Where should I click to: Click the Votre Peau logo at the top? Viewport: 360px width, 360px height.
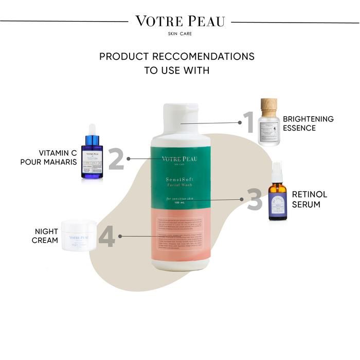(x=179, y=22)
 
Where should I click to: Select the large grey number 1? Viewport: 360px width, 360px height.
(x=248, y=122)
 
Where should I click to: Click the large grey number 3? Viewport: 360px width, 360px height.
(x=254, y=200)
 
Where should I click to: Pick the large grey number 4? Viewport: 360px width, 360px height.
(x=106, y=236)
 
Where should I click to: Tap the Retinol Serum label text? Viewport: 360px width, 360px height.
(x=309, y=199)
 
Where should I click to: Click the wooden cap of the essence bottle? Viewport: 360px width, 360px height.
(x=268, y=106)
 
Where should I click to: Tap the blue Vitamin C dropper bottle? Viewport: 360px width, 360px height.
(x=92, y=157)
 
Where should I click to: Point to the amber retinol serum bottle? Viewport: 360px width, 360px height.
(x=277, y=203)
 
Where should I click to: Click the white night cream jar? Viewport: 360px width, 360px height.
(x=79, y=236)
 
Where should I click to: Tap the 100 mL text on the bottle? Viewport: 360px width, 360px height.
(x=179, y=203)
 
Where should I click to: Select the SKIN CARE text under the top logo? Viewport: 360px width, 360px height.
(x=179, y=34)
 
